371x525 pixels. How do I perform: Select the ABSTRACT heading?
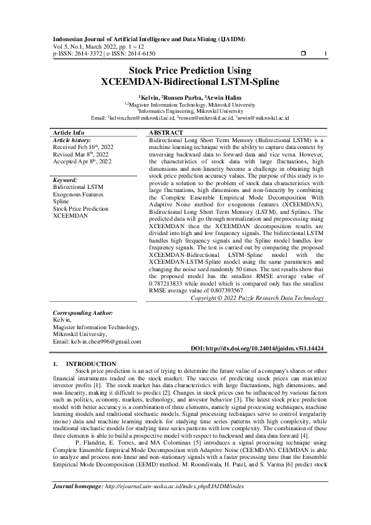tap(166, 133)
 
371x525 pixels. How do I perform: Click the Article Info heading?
tap(69, 133)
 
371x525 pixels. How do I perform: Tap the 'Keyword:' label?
tap(65, 180)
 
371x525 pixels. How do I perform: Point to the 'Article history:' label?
tap(72, 140)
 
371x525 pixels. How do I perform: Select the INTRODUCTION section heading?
tap(91, 364)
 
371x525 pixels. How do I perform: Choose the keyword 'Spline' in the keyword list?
tap(61, 202)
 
